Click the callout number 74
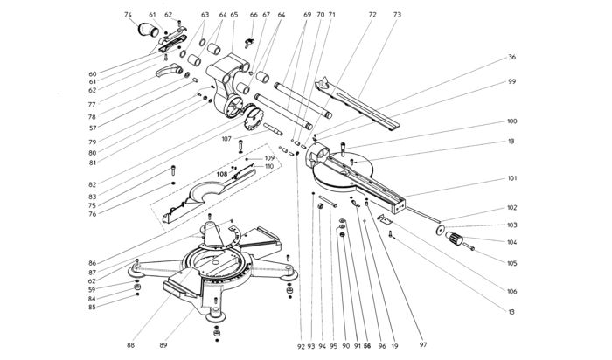point(128,15)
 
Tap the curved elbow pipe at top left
point(148,30)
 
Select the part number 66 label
point(254,15)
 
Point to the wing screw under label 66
point(248,43)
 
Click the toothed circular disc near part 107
point(253,117)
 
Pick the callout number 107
point(226,139)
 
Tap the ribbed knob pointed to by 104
point(454,238)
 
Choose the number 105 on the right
point(511,263)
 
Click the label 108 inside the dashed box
point(222,175)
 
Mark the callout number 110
point(269,167)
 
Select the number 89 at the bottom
point(163,345)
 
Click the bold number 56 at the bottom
point(367,345)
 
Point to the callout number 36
point(511,57)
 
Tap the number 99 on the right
point(511,81)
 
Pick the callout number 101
point(511,178)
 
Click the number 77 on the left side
point(92,105)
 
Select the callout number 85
point(92,308)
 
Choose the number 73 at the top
point(397,15)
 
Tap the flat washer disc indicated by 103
point(440,230)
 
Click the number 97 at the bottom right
point(423,344)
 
